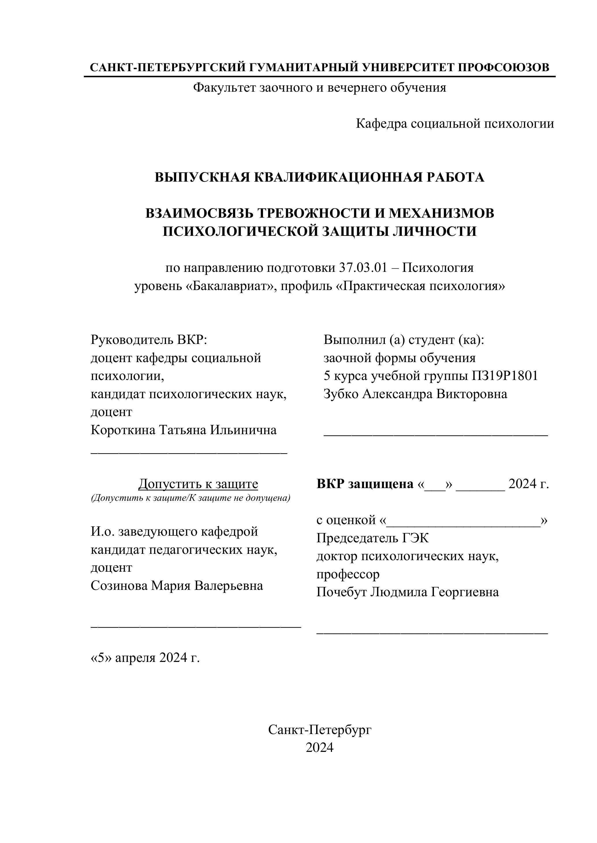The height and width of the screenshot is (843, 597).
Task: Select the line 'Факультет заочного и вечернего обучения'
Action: (320, 88)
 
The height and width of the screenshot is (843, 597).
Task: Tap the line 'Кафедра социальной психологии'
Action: (455, 124)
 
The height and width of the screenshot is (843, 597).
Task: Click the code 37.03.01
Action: (363, 268)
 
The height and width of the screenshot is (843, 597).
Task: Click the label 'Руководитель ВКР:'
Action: (149, 340)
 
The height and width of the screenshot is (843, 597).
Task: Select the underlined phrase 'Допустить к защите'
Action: (198, 484)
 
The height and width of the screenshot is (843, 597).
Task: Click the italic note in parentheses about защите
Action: (191, 498)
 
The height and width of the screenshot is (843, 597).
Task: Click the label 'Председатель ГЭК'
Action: (372, 538)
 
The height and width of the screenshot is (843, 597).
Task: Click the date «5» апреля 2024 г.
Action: (145, 658)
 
